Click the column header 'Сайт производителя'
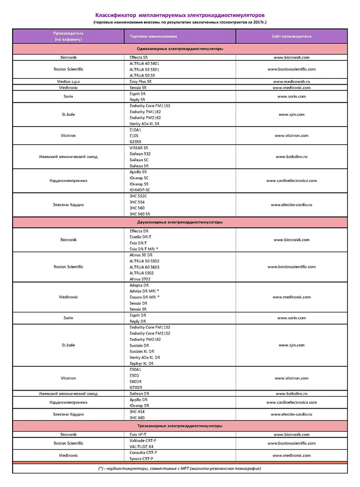point(291,36)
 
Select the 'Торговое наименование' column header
point(153,36)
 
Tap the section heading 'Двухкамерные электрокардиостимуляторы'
point(180,222)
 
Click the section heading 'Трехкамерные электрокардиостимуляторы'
point(180,426)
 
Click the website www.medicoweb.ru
point(291,81)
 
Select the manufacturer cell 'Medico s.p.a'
point(68,81)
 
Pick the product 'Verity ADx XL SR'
point(144,124)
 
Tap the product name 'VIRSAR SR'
point(139,148)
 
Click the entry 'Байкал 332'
point(140,154)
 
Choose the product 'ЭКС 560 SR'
point(140,214)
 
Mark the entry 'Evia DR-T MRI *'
point(144,249)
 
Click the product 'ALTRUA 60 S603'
point(144,267)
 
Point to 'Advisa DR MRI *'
point(144,291)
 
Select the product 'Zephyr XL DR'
point(141,363)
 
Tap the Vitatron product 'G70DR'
point(136,388)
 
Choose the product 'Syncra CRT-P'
point(141,458)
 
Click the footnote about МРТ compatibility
point(180,469)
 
